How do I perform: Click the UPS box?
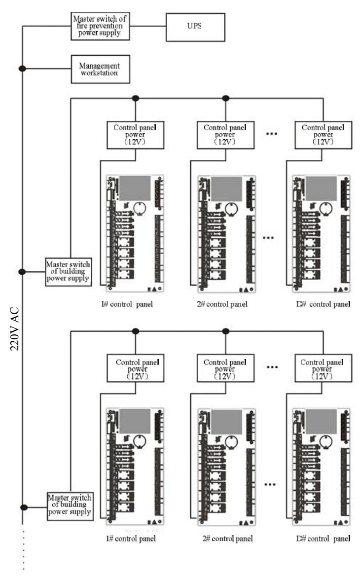195,27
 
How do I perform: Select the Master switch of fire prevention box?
100,26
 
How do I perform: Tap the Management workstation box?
100,69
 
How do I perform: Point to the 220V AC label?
14,328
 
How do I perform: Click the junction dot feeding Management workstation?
23,69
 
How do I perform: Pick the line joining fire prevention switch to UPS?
148,26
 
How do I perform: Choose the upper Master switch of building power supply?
69,272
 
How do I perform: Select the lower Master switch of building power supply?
70,507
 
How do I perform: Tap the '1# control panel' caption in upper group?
127,304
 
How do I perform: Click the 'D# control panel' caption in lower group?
323,539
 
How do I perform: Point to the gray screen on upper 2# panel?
226,189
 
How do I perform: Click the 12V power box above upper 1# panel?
136,135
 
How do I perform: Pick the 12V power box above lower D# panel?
323,368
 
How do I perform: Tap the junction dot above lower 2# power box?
225,331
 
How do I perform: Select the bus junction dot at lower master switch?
24,507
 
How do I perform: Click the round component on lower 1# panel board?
140,440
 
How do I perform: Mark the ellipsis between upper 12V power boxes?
272,133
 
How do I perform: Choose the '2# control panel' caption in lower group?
227,539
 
